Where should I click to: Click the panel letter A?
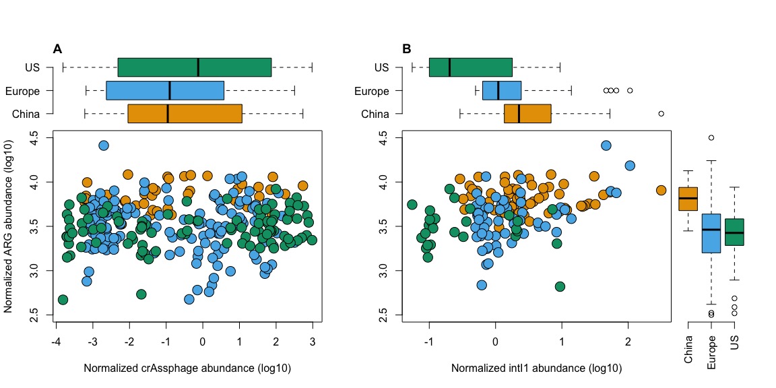[x=57, y=48]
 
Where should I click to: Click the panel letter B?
[x=406, y=48]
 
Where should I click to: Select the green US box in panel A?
[x=194, y=67]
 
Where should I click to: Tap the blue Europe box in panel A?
[x=165, y=90]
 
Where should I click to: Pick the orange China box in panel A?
[x=185, y=113]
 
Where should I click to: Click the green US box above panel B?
[x=470, y=67]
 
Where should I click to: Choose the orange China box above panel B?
[x=527, y=113]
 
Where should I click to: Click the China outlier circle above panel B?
[x=661, y=113]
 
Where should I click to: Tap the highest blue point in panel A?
[x=103, y=145]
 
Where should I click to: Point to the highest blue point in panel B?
[x=606, y=145]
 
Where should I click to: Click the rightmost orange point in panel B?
[x=661, y=190]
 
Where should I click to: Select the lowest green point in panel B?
[x=559, y=286]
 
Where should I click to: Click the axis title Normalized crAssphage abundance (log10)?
[x=187, y=368]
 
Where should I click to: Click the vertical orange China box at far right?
[x=688, y=199]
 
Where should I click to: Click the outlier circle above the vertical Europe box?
[x=711, y=137]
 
